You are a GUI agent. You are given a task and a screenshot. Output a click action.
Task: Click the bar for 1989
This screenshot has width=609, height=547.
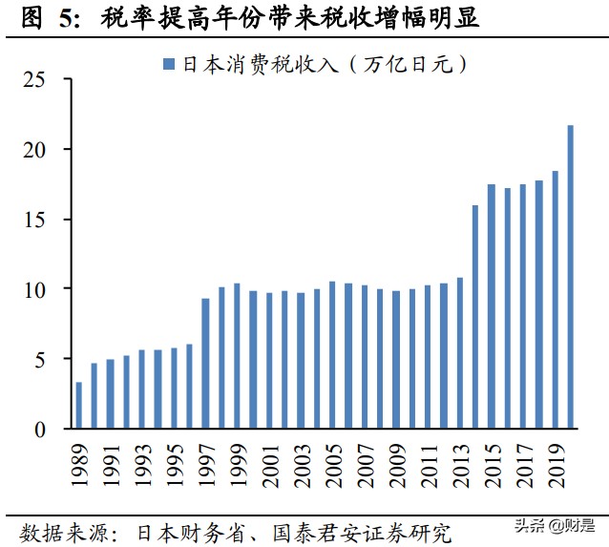click(x=78, y=406)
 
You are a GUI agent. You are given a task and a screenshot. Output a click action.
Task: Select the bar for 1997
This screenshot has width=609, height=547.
click(x=205, y=364)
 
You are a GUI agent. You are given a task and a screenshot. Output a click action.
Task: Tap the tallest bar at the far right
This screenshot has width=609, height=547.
click(x=570, y=277)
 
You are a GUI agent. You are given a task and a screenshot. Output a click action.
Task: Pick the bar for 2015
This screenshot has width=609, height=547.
click(x=491, y=306)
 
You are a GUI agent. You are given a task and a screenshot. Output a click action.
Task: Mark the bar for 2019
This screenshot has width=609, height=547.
click(x=555, y=300)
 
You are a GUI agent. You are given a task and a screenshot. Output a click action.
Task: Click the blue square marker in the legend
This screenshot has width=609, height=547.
click(x=169, y=66)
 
